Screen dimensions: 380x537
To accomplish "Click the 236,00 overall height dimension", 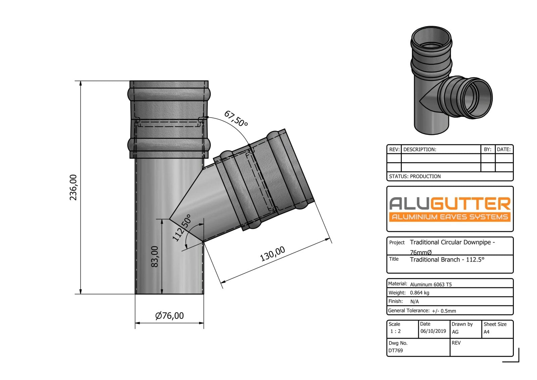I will (73, 187).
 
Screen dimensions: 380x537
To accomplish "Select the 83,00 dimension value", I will (154, 257).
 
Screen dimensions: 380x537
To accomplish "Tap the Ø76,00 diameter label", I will (169, 316).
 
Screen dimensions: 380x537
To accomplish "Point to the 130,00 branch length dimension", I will (273, 254).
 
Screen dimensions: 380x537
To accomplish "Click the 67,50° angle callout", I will (236, 119).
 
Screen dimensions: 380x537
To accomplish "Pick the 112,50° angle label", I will (182, 228).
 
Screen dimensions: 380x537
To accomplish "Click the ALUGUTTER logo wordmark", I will (450, 204).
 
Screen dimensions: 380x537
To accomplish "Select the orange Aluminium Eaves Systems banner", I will (450, 217).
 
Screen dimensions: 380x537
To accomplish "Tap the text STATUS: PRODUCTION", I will (415, 176).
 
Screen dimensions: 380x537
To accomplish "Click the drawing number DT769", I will (395, 350).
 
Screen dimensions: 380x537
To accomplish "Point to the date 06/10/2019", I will (433, 331).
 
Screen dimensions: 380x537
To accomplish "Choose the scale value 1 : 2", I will (395, 331).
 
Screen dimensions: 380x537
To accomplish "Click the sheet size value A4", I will (486, 332).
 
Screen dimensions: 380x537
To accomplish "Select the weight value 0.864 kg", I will (420, 293).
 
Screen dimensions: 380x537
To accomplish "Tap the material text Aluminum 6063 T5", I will (431, 285).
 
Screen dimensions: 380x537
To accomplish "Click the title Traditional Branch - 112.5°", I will (447, 260).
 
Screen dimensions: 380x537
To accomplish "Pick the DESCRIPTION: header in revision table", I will (420, 150).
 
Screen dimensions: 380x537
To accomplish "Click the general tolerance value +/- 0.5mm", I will (444, 311).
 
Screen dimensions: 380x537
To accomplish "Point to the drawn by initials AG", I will (455, 332).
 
